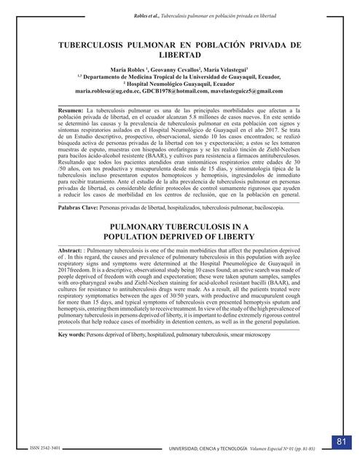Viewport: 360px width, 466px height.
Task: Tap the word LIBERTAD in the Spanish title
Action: click(179, 55)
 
